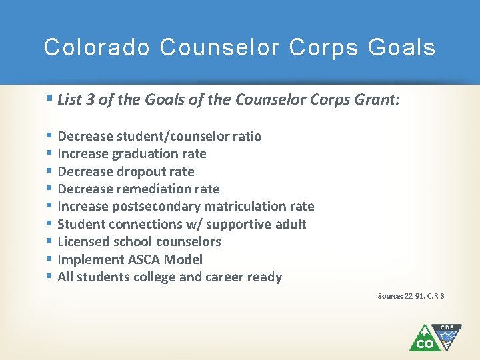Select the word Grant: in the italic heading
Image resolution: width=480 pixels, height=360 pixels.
[x=377, y=100]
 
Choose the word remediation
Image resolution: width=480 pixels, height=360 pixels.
[x=156, y=189]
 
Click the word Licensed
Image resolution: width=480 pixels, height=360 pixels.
[x=83, y=241]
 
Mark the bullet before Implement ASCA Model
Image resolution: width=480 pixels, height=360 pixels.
[x=50, y=259]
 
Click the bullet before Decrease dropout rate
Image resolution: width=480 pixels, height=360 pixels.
[x=50, y=171]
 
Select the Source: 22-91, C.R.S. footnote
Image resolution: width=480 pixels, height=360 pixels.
[x=411, y=295]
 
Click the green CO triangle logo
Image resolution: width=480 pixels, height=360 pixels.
[x=423, y=339]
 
